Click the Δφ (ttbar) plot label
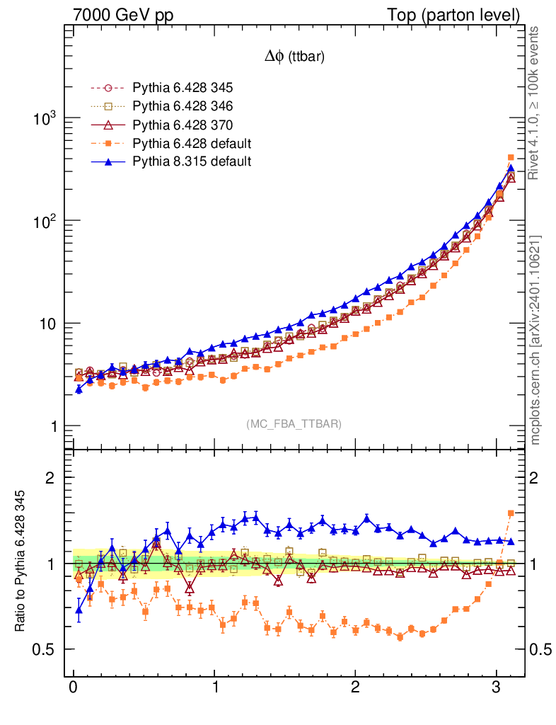294,57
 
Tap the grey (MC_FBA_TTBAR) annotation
294,424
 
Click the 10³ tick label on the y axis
44,118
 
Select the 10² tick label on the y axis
44,221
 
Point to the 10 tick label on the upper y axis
47,324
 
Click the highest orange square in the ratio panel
511,513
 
